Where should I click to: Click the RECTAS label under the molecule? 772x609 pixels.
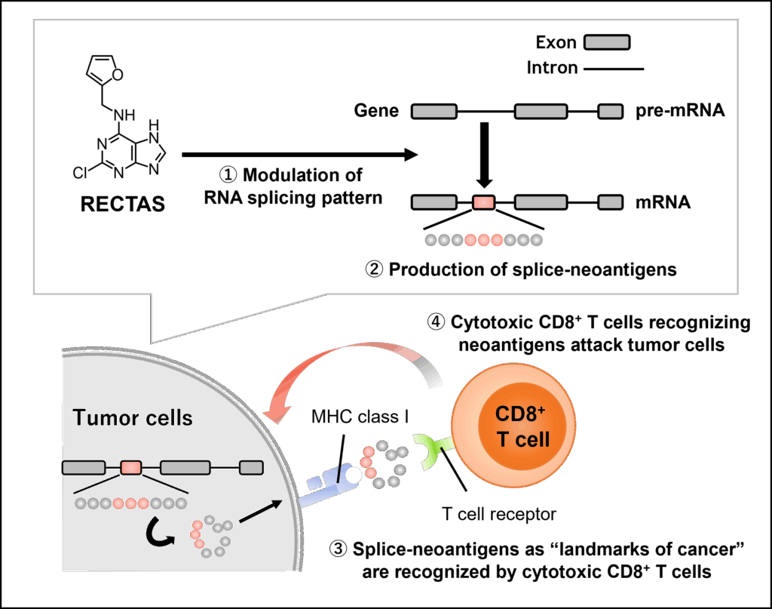(122, 205)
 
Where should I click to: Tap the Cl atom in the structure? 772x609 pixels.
(81, 173)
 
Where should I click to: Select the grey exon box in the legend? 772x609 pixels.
(607, 42)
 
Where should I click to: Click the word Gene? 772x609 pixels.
(376, 112)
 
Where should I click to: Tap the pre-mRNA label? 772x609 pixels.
(675, 112)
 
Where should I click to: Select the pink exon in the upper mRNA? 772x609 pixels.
(483, 202)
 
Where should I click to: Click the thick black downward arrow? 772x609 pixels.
(485, 155)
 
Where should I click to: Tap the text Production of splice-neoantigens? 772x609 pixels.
(520, 269)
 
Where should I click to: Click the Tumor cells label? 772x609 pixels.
(133, 417)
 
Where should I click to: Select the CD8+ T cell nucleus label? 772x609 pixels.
(522, 426)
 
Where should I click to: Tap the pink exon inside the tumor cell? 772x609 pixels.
(131, 468)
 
